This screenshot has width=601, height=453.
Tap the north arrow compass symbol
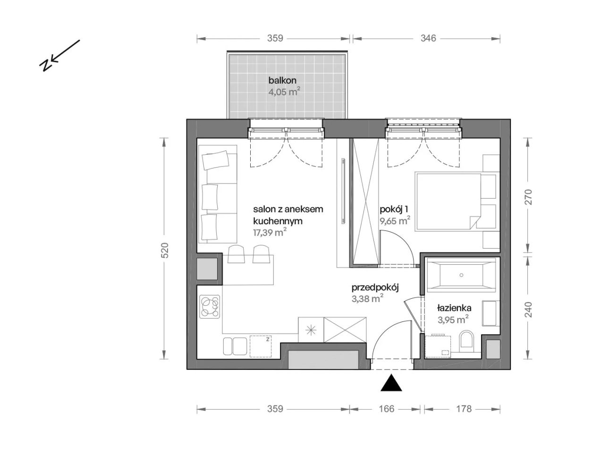tap(59, 56)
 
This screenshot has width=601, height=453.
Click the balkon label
tap(282, 80)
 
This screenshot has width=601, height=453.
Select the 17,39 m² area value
tap(270, 233)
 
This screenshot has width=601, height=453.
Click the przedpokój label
tap(375, 288)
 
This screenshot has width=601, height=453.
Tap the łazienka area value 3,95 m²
tap(453, 319)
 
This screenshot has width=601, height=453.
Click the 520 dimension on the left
tap(165, 250)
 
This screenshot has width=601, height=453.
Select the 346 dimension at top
tap(428, 38)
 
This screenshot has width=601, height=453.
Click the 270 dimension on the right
tap(528, 197)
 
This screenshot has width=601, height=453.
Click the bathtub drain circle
tap(461, 275)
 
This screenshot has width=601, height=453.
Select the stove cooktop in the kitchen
tap(210, 306)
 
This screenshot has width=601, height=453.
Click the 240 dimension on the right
tap(528, 309)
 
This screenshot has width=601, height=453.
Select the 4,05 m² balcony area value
tap(283, 92)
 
